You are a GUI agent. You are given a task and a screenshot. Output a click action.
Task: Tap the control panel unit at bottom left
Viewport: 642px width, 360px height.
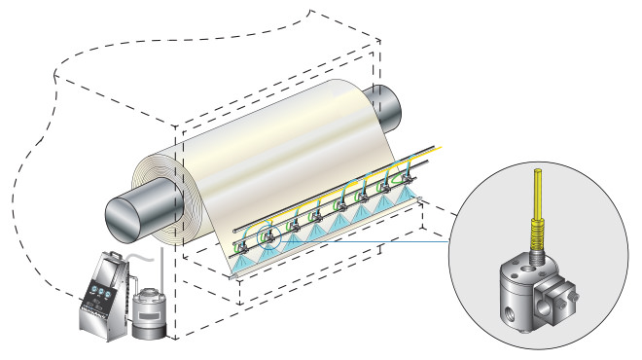(x=103, y=296)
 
